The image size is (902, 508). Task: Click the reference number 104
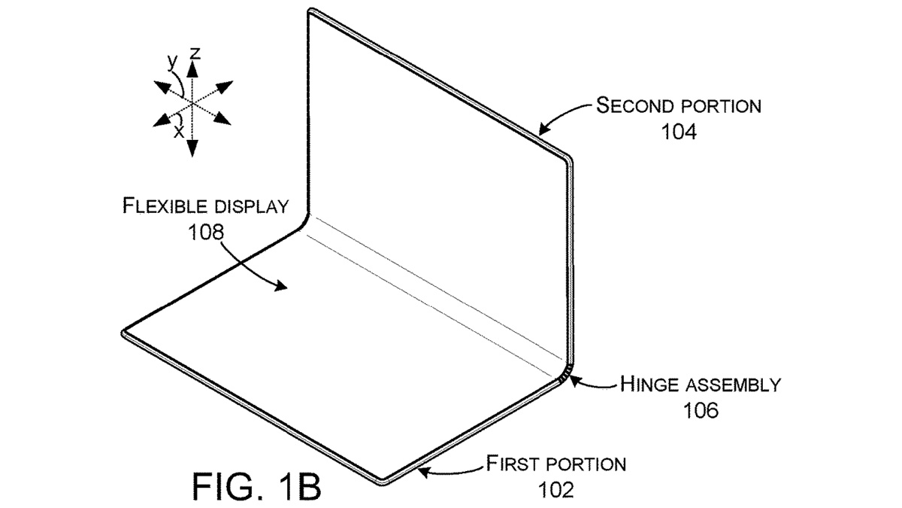tap(679, 132)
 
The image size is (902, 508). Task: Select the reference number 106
tap(701, 411)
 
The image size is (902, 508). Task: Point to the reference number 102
tap(556, 490)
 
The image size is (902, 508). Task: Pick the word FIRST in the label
tap(514, 462)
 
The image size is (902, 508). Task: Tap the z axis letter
tap(195, 53)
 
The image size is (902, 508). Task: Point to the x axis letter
tap(178, 131)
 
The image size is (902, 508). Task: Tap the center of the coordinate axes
tap(192, 103)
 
